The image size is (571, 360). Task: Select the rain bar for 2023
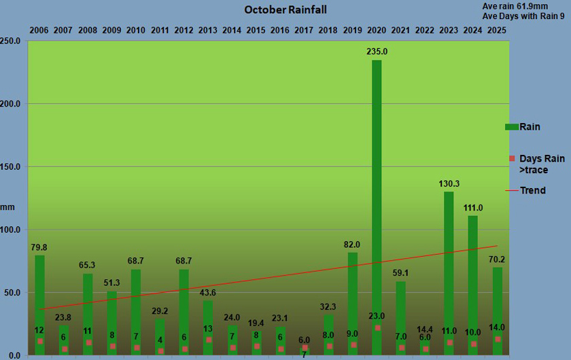(x=449, y=272)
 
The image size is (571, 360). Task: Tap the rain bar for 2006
(x=40, y=299)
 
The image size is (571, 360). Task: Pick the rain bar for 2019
(x=352, y=299)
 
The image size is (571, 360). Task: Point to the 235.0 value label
(x=376, y=51)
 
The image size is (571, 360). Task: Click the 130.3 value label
(x=449, y=183)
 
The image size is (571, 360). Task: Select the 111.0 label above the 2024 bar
(x=473, y=208)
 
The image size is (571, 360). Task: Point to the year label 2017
(x=304, y=31)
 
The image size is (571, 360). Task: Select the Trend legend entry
(x=532, y=190)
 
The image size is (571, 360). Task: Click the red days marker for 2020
(x=377, y=328)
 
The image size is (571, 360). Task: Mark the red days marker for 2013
(x=209, y=340)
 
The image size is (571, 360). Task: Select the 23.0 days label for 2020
(x=376, y=316)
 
